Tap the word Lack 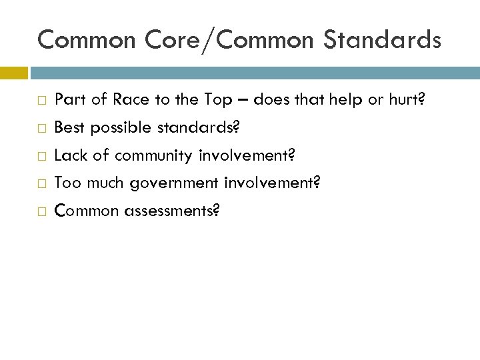[x=69, y=155]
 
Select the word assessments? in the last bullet [x=172, y=211]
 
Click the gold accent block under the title [x=13, y=71]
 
